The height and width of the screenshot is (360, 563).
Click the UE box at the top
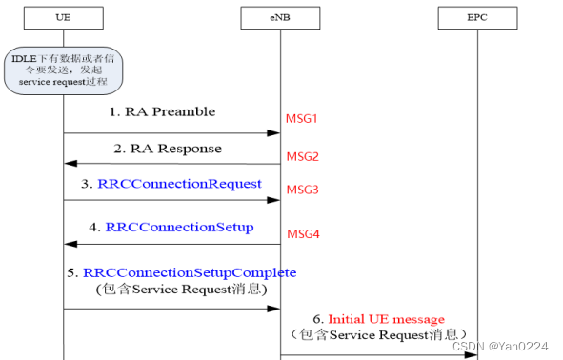(64, 18)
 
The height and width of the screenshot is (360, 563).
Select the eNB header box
(280, 18)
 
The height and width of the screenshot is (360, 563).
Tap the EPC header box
(476, 18)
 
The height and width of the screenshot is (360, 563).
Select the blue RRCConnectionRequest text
(179, 184)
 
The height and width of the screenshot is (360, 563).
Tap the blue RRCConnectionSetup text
(180, 227)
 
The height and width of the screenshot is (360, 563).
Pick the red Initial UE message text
(386, 318)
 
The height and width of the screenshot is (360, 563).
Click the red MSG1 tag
(302, 118)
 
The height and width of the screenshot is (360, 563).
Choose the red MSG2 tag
(302, 155)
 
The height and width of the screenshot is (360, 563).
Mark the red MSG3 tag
(302, 190)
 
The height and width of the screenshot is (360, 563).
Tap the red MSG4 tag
(302, 233)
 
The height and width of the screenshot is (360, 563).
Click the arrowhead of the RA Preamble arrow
(274, 133)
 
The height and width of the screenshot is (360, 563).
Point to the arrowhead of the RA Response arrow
(70, 164)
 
